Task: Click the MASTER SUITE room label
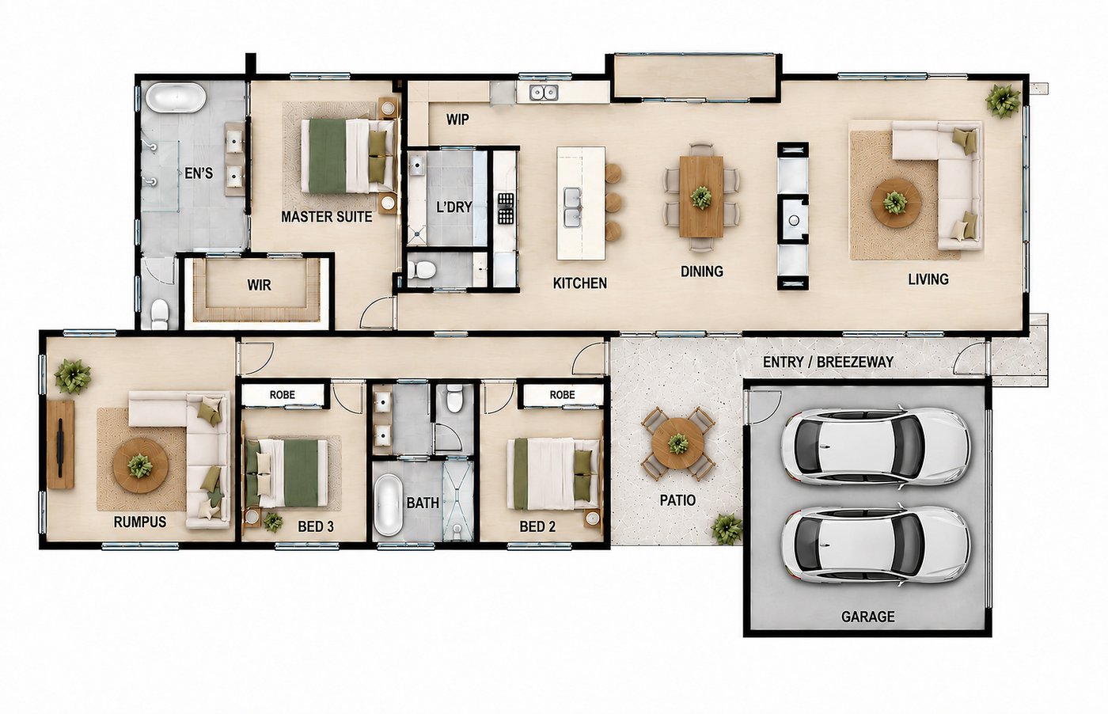point(326,217)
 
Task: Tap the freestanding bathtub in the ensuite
point(176,97)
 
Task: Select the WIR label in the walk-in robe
point(260,286)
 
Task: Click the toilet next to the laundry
point(422,270)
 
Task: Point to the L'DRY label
point(454,207)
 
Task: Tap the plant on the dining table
point(701,197)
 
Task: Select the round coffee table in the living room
point(896,203)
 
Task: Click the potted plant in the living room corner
point(1003,101)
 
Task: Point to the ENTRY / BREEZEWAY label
point(828,363)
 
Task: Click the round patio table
point(677,444)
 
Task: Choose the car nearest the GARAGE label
point(875,545)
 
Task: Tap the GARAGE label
point(868,617)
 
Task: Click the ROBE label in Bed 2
point(563,395)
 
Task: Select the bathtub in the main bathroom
point(389,505)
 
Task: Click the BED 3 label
point(316,526)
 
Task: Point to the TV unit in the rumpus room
point(61,444)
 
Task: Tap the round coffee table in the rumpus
point(141,465)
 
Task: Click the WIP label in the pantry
point(457,120)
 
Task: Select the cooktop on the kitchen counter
point(506,209)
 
